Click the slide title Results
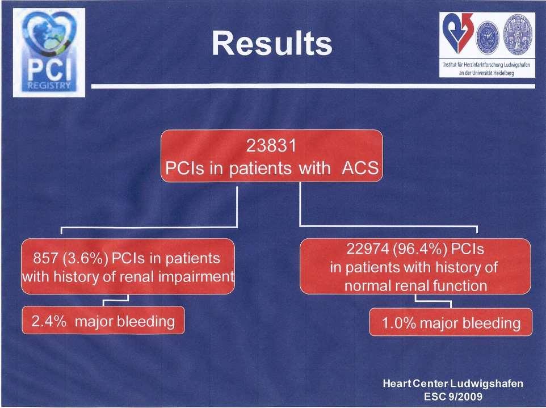pyautogui.click(x=272, y=44)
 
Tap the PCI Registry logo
pyautogui.click(x=49, y=53)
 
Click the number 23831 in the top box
pyautogui.click(x=271, y=145)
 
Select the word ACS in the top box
pyautogui.click(x=360, y=168)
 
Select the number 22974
pyautogui.click(x=367, y=249)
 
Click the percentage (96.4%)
pyautogui.click(x=420, y=249)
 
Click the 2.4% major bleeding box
pyautogui.click(x=103, y=320)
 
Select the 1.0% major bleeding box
pyautogui.click(x=451, y=322)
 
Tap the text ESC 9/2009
pyautogui.click(x=453, y=397)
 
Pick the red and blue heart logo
pyautogui.click(x=457, y=33)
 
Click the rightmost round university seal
pyautogui.click(x=519, y=34)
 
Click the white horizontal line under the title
pyautogui.click(x=313, y=86)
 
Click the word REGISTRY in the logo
pyautogui.click(x=49, y=86)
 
